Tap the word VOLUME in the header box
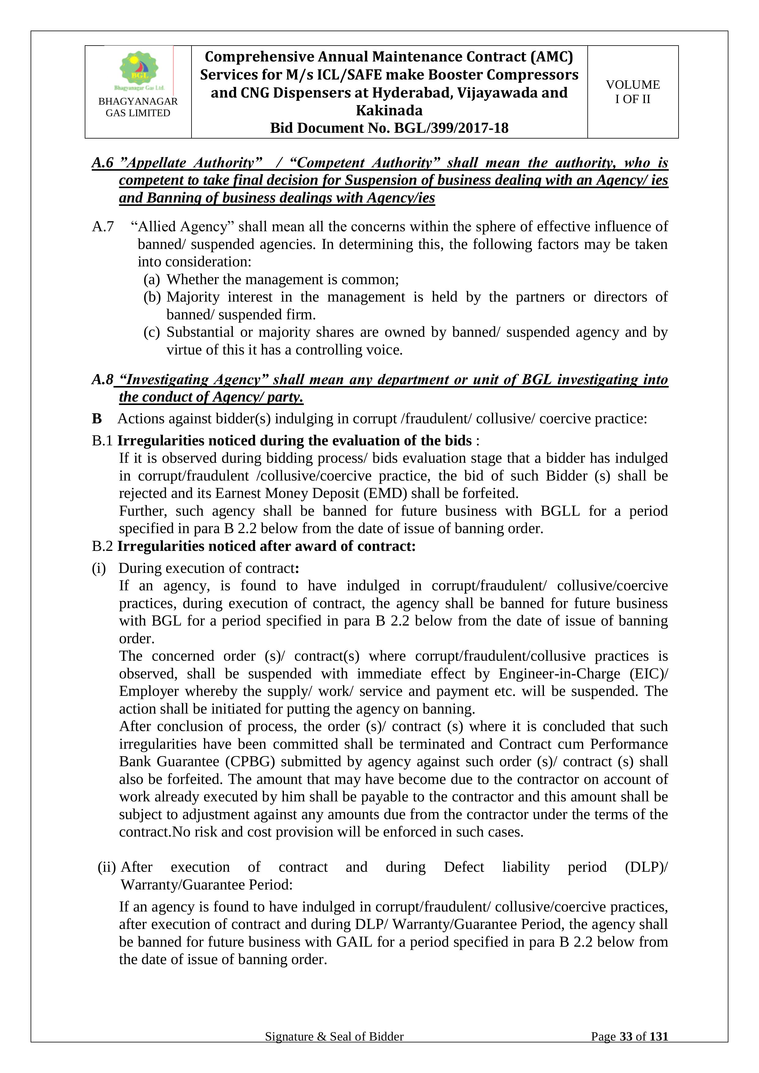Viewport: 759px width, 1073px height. (633, 85)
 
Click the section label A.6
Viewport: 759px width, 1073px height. (103, 163)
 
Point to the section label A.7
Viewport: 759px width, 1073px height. (103, 227)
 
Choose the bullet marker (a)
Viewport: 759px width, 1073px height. (151, 280)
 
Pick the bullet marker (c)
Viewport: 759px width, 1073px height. (151, 332)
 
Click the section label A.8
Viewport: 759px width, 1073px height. (103, 380)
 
